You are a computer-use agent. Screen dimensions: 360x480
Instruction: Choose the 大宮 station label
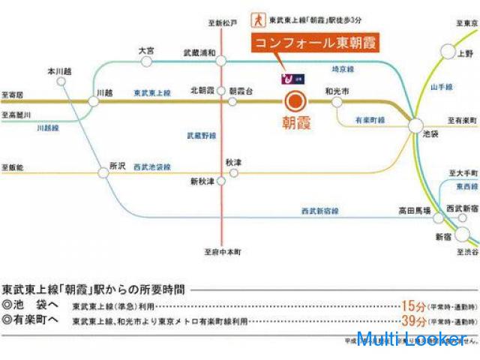coord(146,50)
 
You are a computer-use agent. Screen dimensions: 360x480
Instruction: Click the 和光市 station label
coord(337,90)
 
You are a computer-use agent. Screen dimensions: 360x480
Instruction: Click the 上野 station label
coord(466,54)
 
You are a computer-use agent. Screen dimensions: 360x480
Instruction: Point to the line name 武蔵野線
coord(201,136)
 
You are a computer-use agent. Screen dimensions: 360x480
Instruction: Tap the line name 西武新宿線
coord(320,211)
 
